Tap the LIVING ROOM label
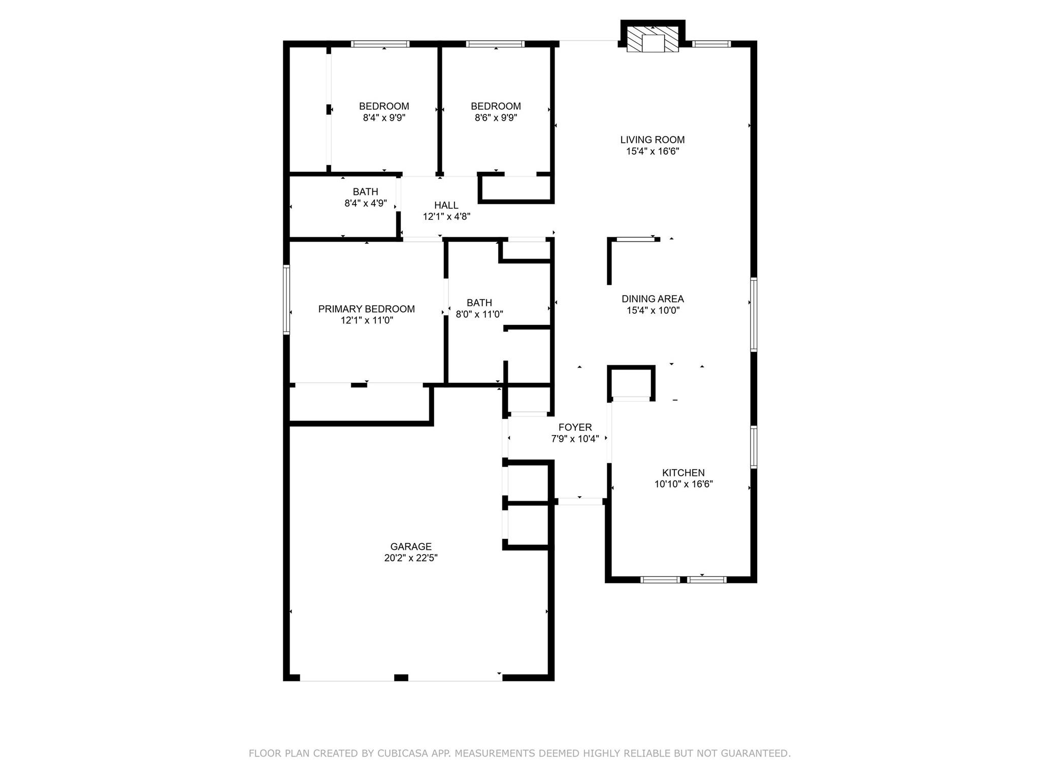click(652, 140)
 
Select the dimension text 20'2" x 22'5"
click(411, 558)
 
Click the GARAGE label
click(411, 546)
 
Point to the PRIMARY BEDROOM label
click(366, 309)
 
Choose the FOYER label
click(575, 428)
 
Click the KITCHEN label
click(683, 473)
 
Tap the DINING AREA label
click(653, 299)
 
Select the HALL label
click(446, 205)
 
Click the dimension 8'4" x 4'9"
click(365, 203)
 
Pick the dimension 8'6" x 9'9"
click(496, 117)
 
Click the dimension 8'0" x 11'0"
click(479, 314)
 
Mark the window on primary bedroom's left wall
click(286, 300)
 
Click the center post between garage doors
click(401, 677)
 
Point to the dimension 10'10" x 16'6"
click(683, 484)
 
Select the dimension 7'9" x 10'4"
click(575, 439)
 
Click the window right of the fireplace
click(711, 44)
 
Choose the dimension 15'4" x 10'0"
click(653, 310)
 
